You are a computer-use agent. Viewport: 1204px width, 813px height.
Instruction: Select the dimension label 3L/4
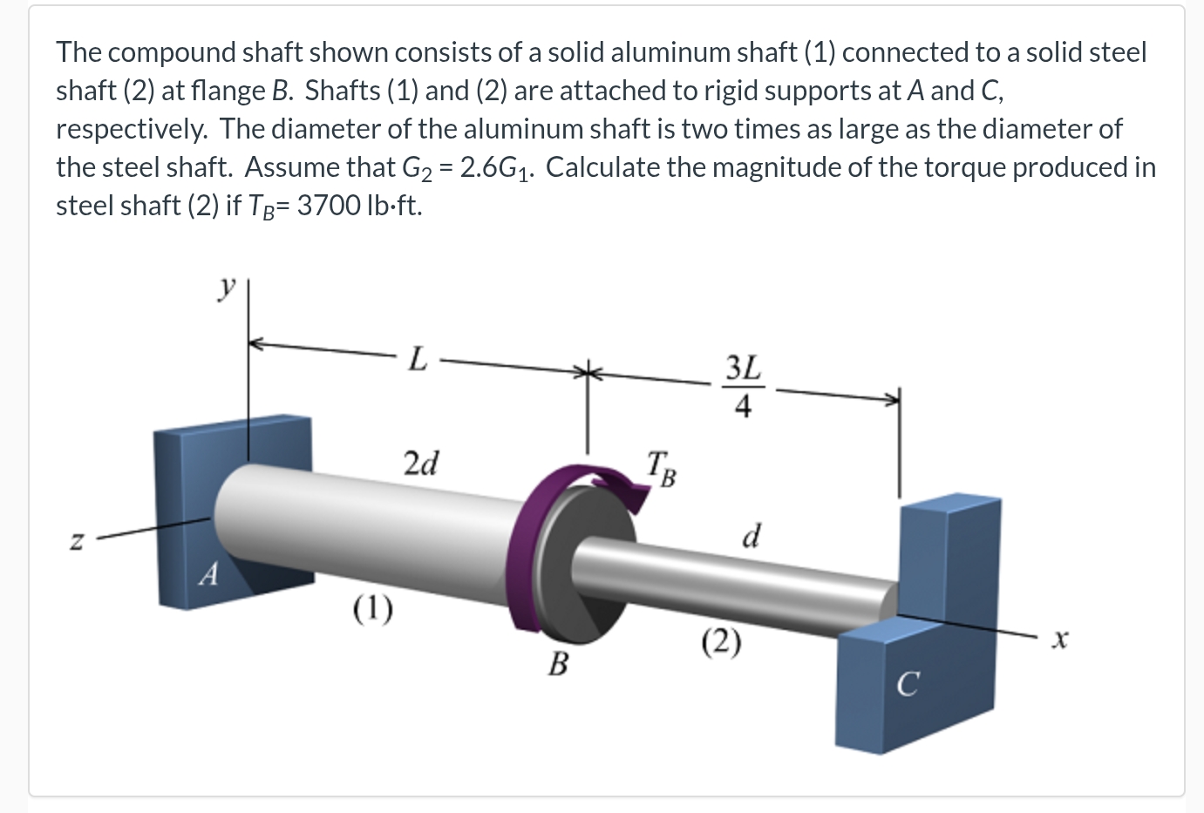click(x=743, y=386)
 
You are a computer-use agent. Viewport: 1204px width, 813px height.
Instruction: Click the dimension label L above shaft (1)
click(x=418, y=358)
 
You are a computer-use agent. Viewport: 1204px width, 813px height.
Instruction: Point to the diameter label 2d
click(x=422, y=462)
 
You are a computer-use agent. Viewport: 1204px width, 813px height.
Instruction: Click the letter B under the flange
click(x=558, y=665)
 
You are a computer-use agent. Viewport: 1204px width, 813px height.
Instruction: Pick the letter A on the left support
click(x=207, y=574)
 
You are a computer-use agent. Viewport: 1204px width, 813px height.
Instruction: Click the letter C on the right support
click(x=907, y=685)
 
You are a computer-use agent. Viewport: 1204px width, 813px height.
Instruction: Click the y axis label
click(x=228, y=287)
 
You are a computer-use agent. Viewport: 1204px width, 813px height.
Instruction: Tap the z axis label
click(x=78, y=542)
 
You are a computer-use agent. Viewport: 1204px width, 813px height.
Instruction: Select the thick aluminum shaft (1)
click(x=366, y=532)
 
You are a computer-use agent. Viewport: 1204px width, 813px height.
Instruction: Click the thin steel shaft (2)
click(x=741, y=584)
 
